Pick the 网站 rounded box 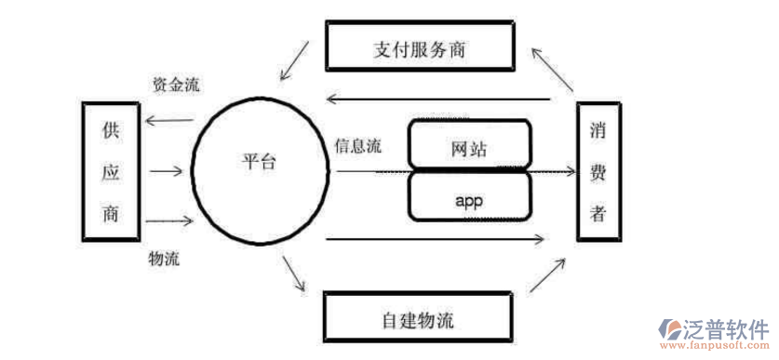point(469,147)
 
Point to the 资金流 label point(176,85)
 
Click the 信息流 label point(358,146)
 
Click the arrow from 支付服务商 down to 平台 point(297,57)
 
